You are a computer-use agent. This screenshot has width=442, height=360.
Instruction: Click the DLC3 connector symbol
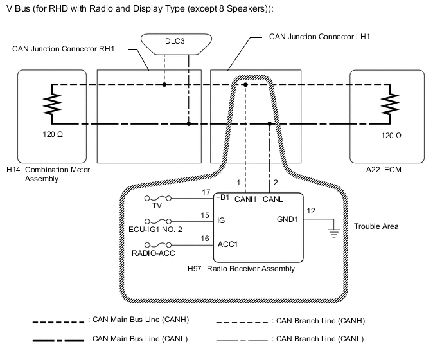pos(176,40)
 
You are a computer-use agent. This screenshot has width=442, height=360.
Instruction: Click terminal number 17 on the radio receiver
pos(205,192)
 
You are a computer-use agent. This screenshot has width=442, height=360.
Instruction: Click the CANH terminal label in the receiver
pos(245,199)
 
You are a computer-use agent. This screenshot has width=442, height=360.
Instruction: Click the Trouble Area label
pos(376,226)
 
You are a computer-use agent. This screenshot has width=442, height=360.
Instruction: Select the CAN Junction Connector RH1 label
pos(63,49)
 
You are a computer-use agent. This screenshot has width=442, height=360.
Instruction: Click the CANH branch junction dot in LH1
pos(245,84)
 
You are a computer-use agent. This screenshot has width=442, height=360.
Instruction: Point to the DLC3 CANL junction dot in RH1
pos(189,123)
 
